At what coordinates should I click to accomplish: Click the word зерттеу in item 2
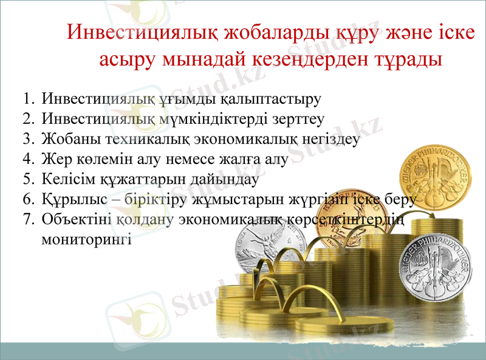click(299, 118)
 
